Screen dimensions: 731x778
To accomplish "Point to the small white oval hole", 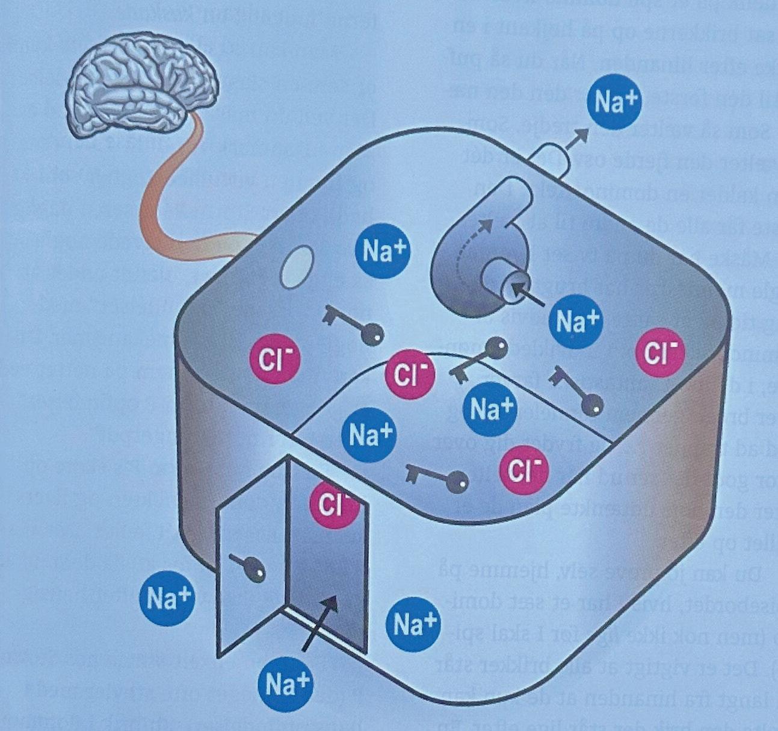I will click(297, 267).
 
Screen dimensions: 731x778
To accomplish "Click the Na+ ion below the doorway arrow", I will click(288, 683).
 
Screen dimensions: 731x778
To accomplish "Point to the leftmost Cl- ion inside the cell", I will click(274, 359).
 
